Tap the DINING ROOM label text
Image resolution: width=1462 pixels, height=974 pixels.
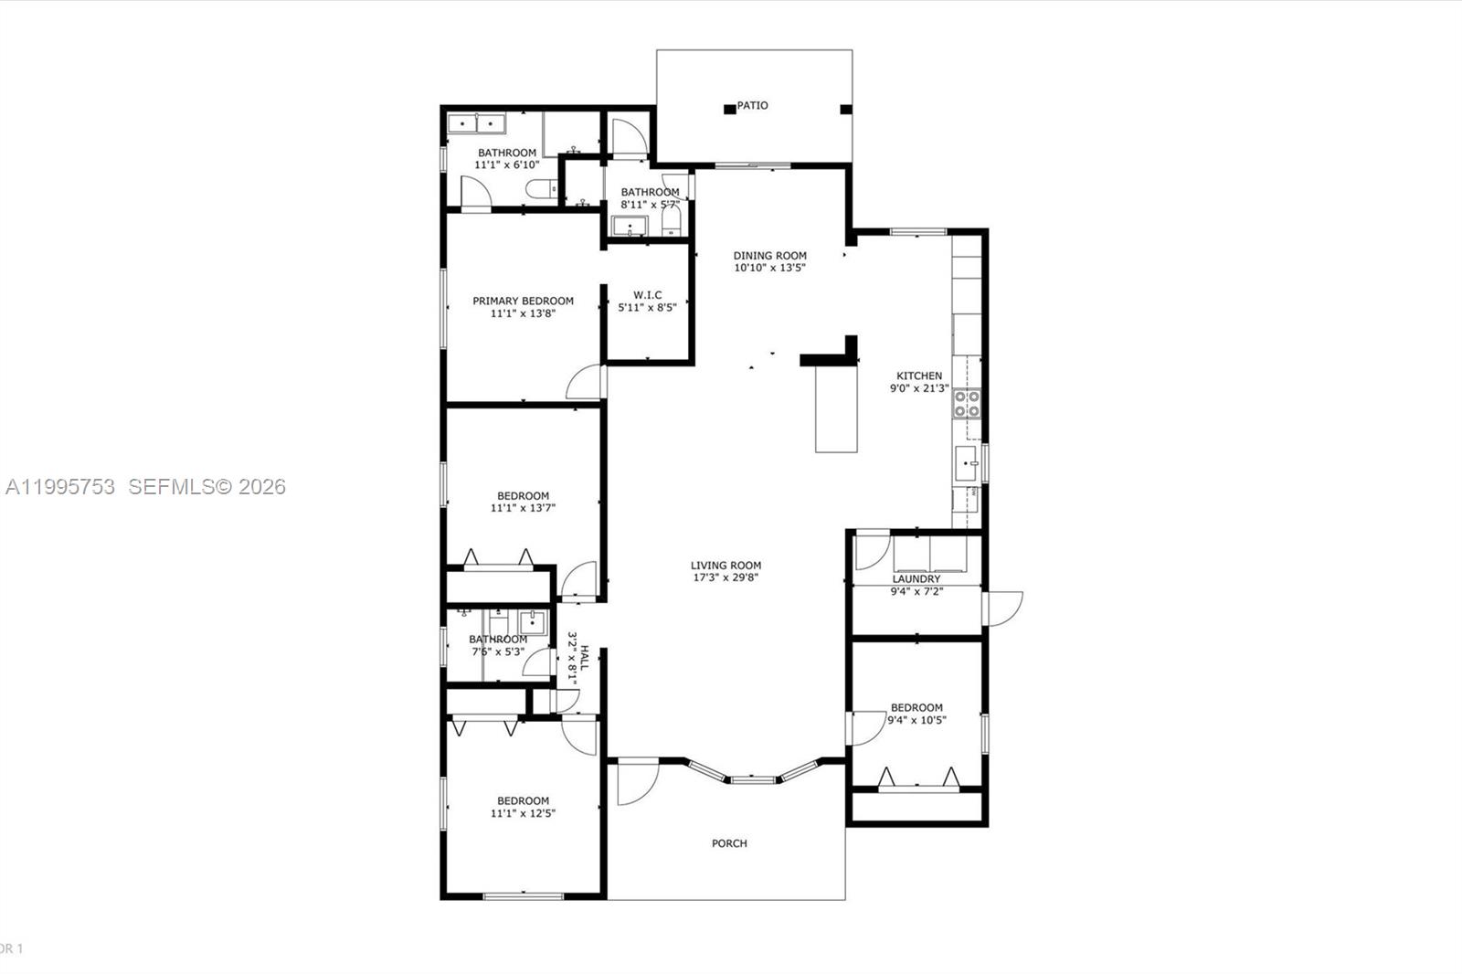tap(769, 256)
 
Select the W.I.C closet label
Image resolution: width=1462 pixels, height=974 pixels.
tap(647, 295)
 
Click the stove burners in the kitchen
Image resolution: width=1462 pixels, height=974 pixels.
tap(967, 404)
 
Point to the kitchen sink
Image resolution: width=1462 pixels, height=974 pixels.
tap(966, 464)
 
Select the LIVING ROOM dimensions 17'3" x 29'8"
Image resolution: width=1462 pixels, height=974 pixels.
tap(726, 577)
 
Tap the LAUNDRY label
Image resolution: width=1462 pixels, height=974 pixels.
tap(916, 579)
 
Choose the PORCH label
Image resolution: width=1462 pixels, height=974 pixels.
tap(729, 843)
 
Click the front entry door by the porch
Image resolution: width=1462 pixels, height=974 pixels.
tap(636, 782)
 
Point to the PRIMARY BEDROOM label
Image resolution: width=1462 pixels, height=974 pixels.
tap(523, 301)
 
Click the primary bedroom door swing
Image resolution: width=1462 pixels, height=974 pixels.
tap(586, 384)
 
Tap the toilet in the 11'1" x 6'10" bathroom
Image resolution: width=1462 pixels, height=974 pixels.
tap(539, 189)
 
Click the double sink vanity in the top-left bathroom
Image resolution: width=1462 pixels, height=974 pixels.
tap(478, 123)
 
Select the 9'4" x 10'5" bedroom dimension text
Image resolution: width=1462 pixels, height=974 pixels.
tap(916, 720)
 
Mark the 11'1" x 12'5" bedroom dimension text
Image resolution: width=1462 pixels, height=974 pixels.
tap(523, 813)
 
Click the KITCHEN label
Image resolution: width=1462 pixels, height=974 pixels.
tap(918, 376)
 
